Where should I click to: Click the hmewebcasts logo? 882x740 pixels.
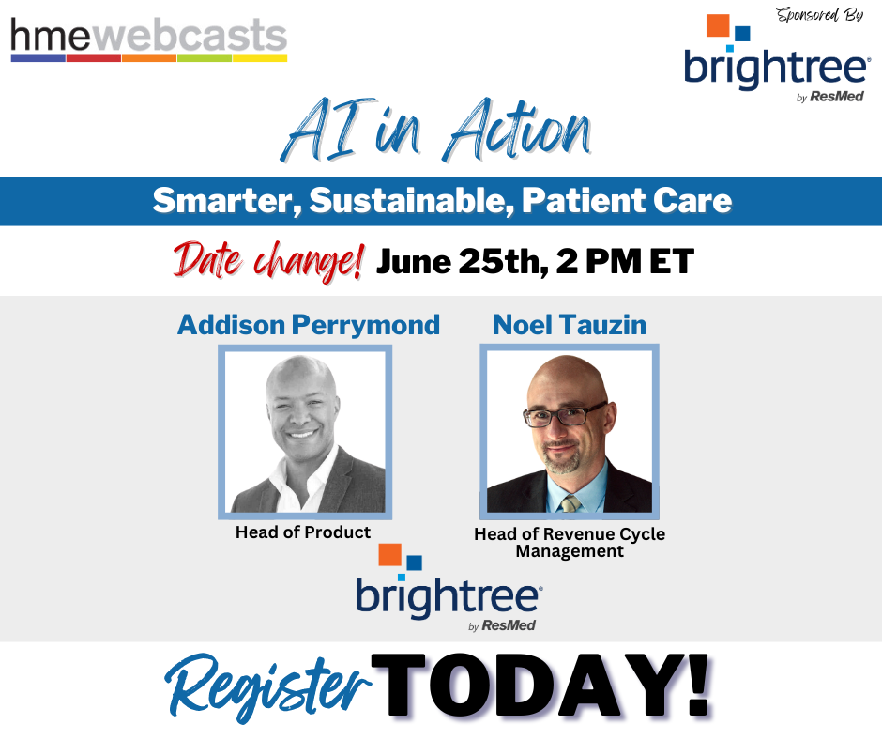tap(149, 39)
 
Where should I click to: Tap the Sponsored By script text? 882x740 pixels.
tap(819, 15)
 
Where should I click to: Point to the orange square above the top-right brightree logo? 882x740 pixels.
tap(718, 25)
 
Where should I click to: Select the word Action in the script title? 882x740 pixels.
tap(516, 130)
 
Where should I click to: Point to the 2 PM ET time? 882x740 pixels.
tap(625, 261)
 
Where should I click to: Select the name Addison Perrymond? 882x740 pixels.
tap(309, 325)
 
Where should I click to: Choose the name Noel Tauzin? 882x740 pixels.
tap(570, 325)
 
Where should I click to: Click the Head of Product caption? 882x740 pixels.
tap(303, 532)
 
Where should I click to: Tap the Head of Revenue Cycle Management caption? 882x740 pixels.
tap(570, 542)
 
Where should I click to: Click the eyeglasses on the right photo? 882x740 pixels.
tap(565, 414)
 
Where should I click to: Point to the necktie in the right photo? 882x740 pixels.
tap(570, 503)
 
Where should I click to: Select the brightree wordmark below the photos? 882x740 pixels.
tap(449, 597)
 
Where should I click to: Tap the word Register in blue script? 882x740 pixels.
tap(267, 687)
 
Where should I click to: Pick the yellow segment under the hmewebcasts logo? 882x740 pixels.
tap(260, 58)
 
